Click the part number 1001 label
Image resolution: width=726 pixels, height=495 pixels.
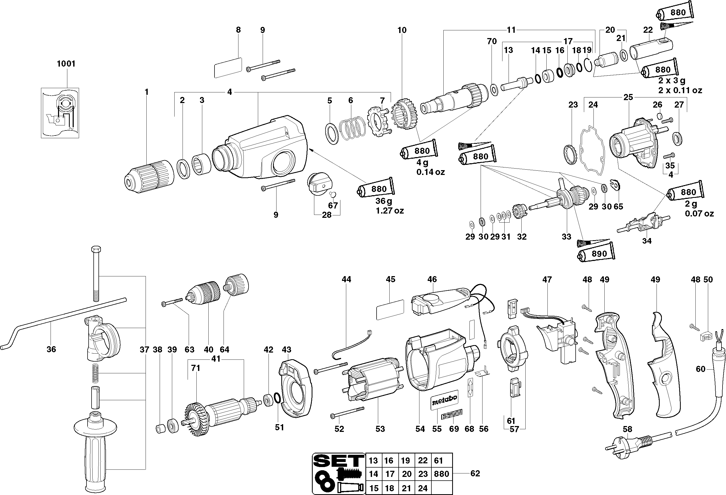(66, 64)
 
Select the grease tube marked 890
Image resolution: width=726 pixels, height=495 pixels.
(596, 253)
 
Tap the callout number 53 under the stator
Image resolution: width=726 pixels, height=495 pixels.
(380, 429)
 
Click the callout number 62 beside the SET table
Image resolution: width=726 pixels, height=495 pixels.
(475, 473)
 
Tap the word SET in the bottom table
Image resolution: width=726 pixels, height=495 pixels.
(339, 460)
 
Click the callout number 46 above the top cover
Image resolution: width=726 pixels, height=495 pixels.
(432, 279)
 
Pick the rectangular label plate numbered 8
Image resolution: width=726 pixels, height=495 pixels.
(228, 67)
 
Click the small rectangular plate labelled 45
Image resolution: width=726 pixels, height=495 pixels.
(390, 309)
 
